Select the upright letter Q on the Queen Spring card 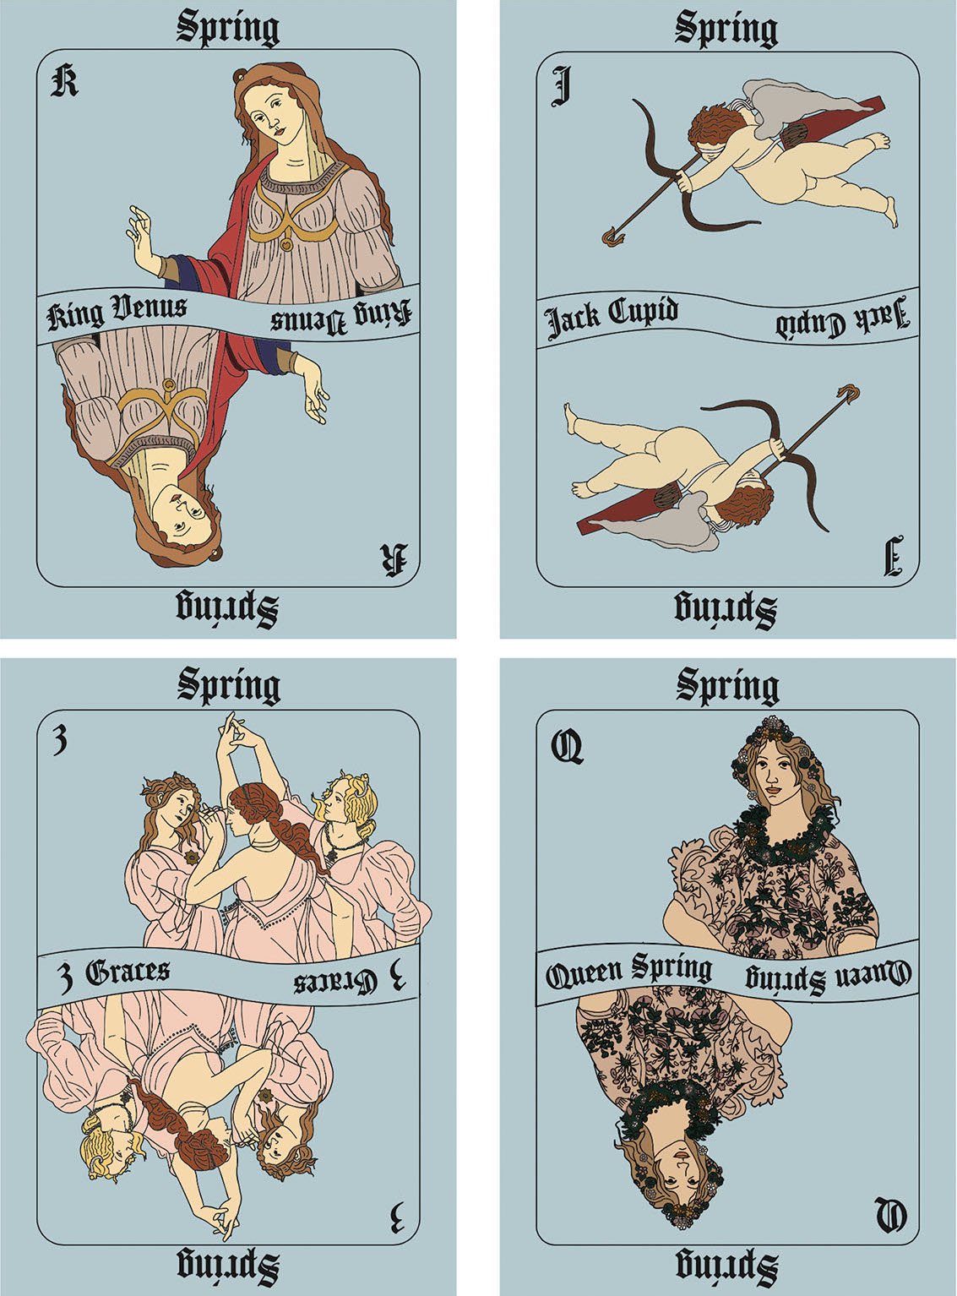click(567, 747)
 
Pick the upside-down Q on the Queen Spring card click(891, 1216)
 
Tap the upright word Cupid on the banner click(643, 312)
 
